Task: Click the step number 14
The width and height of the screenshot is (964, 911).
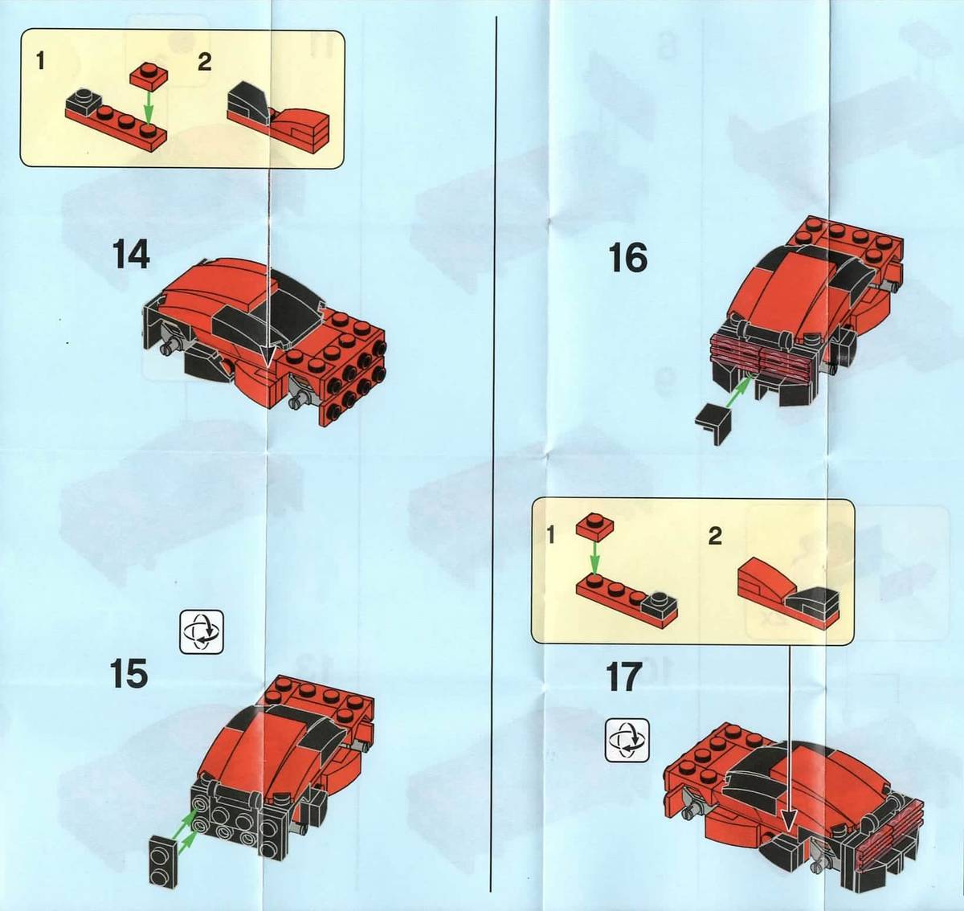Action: (131, 255)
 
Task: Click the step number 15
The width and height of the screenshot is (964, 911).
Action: (129, 674)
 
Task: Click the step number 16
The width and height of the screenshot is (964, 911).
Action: (628, 258)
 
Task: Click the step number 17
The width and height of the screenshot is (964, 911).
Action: (623, 677)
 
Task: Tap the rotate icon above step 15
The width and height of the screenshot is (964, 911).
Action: (202, 631)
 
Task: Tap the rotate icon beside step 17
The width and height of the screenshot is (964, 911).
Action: (627, 740)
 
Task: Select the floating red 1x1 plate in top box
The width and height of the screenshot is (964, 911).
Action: (149, 76)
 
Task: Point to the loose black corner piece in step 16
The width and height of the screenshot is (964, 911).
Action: (714, 422)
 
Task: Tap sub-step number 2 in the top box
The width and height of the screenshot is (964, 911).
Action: (204, 62)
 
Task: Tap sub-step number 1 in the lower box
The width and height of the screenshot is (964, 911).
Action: (550, 536)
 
